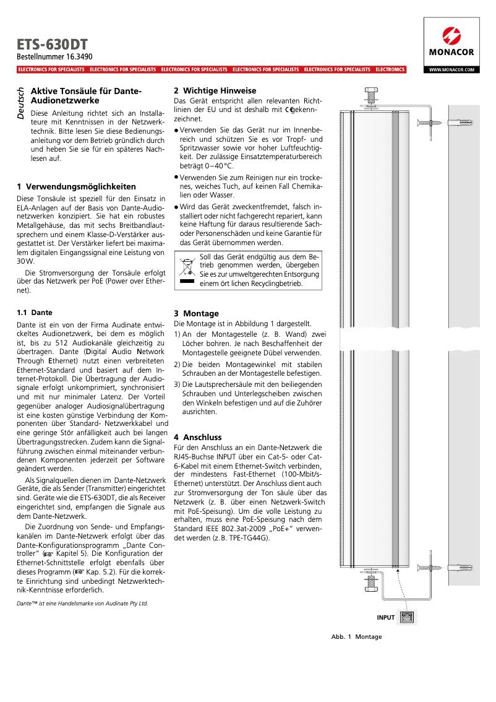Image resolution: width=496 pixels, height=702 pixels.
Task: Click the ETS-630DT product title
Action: (x=52, y=45)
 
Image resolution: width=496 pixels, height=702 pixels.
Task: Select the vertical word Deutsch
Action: (x=21, y=103)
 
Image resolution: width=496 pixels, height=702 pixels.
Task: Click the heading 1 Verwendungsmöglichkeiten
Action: (x=77, y=186)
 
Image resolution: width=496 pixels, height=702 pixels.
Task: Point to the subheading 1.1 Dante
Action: (x=35, y=313)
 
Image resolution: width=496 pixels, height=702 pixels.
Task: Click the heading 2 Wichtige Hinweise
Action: (x=215, y=90)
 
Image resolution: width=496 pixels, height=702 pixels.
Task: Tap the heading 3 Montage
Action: (x=196, y=313)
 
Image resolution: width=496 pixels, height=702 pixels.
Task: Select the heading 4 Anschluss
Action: (x=197, y=437)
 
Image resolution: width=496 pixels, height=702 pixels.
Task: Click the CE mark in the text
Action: (x=288, y=110)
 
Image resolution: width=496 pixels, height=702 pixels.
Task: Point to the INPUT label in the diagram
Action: (x=385, y=617)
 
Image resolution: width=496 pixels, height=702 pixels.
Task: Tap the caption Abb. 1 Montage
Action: (x=356, y=636)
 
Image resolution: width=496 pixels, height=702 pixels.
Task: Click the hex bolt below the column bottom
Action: (x=371, y=582)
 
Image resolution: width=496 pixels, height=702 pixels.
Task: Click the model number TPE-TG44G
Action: (x=247, y=537)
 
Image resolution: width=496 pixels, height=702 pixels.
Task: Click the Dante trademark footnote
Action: (x=82, y=602)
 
